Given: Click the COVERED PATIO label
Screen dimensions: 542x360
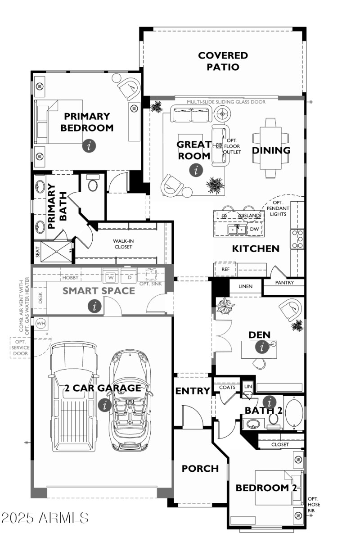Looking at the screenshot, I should click(x=223, y=61).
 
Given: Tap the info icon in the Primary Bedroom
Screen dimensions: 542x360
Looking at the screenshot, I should click(x=89, y=146).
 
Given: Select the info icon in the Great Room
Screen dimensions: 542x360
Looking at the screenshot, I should click(x=196, y=170).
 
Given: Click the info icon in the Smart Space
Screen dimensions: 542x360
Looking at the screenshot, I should click(x=94, y=306).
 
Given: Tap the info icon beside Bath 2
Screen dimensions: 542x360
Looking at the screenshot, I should click(x=270, y=402).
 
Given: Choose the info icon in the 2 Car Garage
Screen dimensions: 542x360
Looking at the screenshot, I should click(x=104, y=405).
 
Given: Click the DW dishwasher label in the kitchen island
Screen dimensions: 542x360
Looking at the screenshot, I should click(x=254, y=229).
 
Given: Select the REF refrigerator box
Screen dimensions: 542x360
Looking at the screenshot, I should click(x=225, y=269).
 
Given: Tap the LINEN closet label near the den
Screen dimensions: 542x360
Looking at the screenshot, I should click(x=246, y=286).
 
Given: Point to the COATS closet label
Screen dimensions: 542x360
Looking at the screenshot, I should click(x=227, y=387).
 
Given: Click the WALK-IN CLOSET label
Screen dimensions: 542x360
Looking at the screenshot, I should click(x=123, y=244).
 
